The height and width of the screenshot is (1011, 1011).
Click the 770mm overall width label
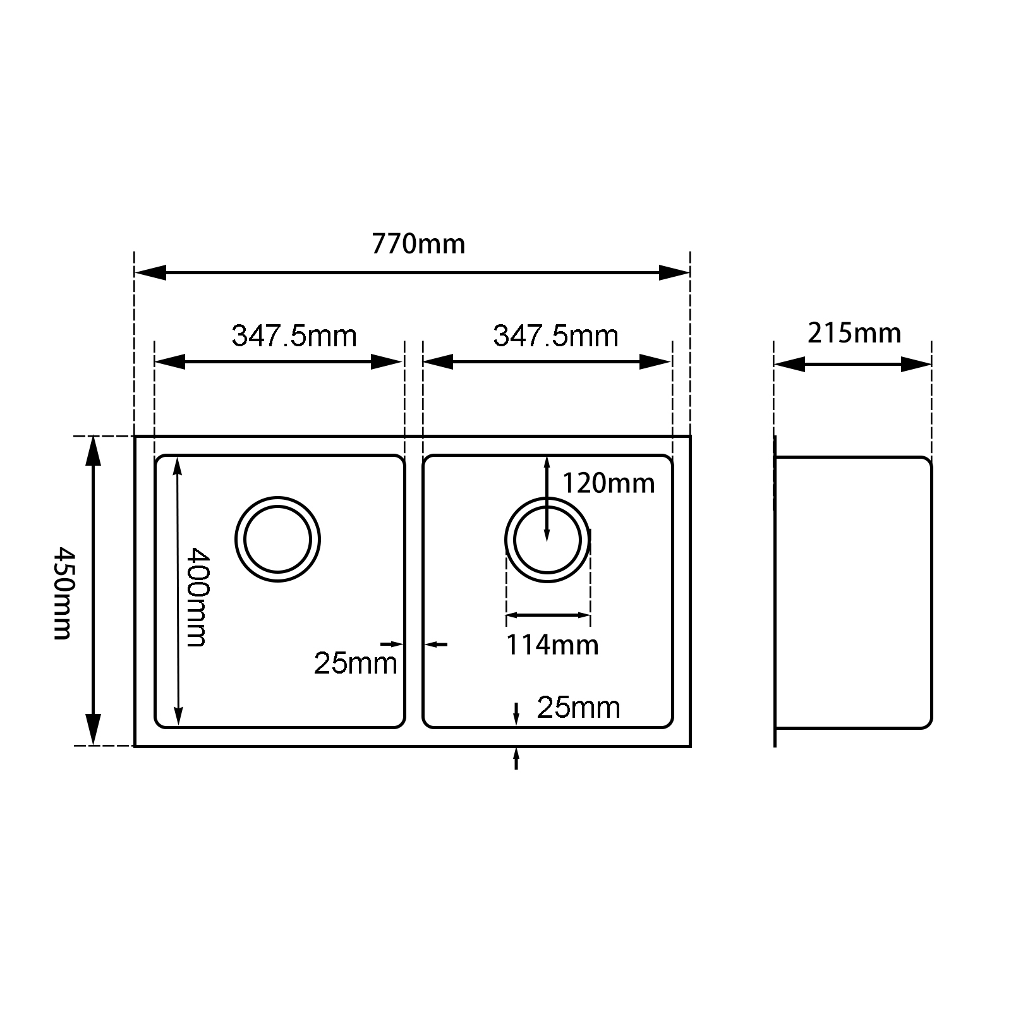click(418, 243)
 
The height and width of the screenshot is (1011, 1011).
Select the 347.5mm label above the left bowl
click(294, 336)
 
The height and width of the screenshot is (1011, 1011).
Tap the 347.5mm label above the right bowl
click(555, 336)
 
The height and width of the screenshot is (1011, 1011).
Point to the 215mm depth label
click(854, 333)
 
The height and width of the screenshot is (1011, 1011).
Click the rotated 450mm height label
click(63, 593)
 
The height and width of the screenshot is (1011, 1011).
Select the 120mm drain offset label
click(608, 483)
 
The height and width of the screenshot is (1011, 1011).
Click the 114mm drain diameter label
click(552, 645)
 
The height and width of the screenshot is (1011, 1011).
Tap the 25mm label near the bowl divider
click(355, 663)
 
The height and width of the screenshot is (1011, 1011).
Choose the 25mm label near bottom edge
click(578, 707)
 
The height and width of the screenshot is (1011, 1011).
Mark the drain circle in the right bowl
click(547, 540)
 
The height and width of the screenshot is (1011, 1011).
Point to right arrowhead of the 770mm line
click(674, 273)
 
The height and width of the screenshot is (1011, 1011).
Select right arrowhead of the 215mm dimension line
click(917, 365)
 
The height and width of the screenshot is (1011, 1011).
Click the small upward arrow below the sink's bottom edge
click(516, 756)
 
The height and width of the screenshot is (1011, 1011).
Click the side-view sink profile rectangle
click(853, 592)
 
